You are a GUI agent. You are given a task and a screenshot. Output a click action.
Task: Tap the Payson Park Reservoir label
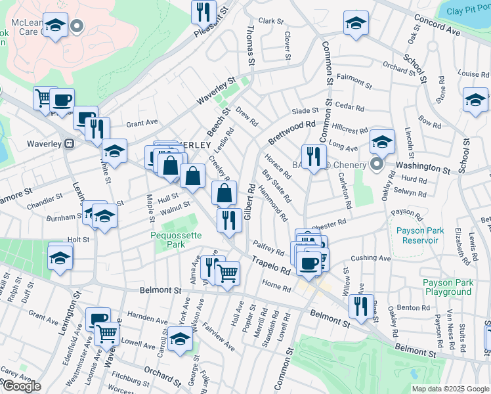click(421, 235)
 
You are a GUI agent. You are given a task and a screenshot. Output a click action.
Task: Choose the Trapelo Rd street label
click(270, 266)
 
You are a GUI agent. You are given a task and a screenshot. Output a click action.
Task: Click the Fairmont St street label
click(354, 85)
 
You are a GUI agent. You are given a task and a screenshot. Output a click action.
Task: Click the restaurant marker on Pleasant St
click(203, 12)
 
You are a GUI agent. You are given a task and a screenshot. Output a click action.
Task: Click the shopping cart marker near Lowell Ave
click(107, 333)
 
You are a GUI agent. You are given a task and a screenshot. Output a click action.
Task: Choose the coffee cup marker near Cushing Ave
click(308, 264)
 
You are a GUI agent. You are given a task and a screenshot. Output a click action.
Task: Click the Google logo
click(21, 386)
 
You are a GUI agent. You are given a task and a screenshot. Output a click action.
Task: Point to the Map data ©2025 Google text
click(450, 389)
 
